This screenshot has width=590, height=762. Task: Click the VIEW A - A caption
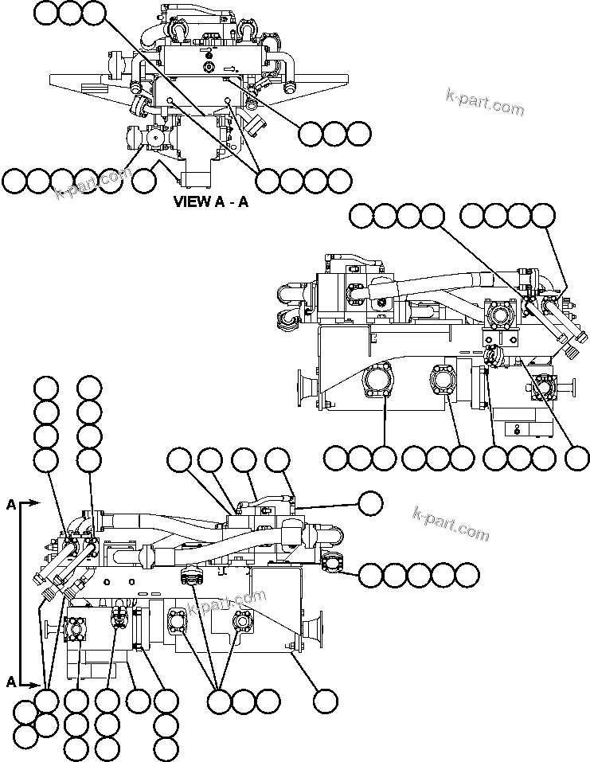[211, 201]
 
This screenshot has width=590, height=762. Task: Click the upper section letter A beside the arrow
[11, 504]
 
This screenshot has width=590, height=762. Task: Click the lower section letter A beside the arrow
[11, 682]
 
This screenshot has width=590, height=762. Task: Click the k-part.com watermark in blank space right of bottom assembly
[451, 523]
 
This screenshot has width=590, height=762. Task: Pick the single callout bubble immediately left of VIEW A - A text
[143, 182]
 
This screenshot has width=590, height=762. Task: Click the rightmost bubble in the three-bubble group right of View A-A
[358, 134]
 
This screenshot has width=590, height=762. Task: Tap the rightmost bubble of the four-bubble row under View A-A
[340, 181]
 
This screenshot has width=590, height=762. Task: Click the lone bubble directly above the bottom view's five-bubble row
[370, 503]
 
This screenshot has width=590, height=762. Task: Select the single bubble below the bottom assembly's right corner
[324, 701]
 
